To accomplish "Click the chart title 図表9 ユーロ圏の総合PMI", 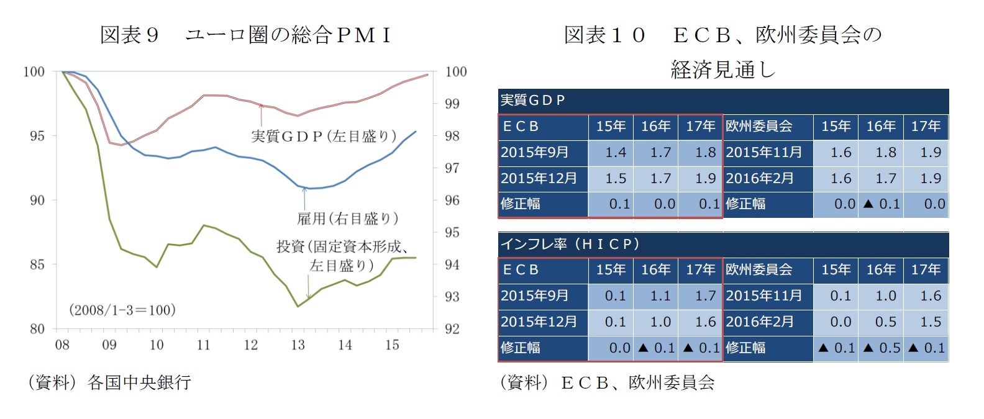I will [246, 35].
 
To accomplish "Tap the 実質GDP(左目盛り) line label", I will [324, 136].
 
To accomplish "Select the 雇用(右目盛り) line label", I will [347, 219].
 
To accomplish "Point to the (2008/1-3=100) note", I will [122, 310].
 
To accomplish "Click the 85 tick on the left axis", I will [37, 264].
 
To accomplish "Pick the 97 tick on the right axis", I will [452, 168].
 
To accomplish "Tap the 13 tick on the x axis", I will [298, 345].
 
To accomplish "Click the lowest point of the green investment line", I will [298, 306].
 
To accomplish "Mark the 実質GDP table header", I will [533, 100].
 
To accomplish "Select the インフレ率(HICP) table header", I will [570, 244].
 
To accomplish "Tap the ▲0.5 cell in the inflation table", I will [881, 348].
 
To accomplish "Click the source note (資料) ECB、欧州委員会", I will [607, 382].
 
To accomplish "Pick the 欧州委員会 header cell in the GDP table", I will [759, 127].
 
